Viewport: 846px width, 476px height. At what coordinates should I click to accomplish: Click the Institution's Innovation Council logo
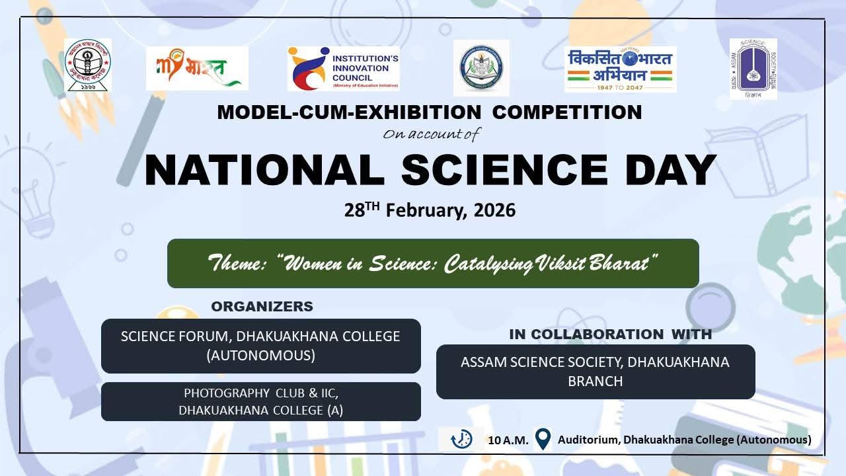pyautogui.click(x=343, y=68)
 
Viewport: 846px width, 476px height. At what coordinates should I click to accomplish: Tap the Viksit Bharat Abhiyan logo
pyautogui.click(x=620, y=69)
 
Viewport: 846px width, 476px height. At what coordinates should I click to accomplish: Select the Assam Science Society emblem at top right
pyautogui.click(x=753, y=68)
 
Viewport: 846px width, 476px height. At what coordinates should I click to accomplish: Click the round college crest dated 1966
pyautogui.click(x=88, y=65)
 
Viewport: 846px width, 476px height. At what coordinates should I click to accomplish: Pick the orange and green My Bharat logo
pyautogui.click(x=197, y=68)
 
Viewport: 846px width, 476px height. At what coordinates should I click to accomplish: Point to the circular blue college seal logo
pyautogui.click(x=481, y=68)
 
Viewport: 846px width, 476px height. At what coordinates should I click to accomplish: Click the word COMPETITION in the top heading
pyautogui.click(x=567, y=112)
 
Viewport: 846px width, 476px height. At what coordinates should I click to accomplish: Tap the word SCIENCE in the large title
pyautogui.click(x=504, y=170)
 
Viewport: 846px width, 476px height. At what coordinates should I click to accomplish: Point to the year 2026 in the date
pyautogui.click(x=493, y=211)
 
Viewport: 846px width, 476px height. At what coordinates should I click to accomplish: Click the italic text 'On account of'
pyautogui.click(x=431, y=134)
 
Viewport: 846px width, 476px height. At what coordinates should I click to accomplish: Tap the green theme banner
pyautogui.click(x=433, y=264)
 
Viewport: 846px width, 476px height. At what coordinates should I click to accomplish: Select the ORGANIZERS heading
pyautogui.click(x=262, y=307)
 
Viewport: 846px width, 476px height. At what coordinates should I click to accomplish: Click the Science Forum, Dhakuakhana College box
pyautogui.click(x=260, y=346)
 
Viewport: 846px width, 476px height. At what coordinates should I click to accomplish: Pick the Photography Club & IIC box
pyautogui.click(x=260, y=401)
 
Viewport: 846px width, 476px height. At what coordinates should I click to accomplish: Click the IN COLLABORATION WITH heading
pyautogui.click(x=610, y=335)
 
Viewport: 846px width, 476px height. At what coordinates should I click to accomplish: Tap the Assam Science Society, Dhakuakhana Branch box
pyautogui.click(x=595, y=372)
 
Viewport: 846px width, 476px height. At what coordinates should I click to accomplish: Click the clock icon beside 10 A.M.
pyautogui.click(x=461, y=439)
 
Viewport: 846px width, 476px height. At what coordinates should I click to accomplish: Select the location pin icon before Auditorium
pyautogui.click(x=543, y=439)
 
